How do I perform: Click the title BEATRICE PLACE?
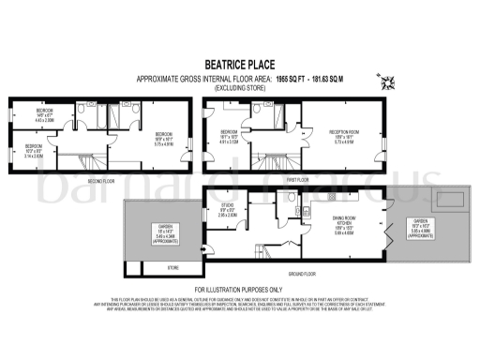(239, 64)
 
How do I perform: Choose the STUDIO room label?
(226, 207)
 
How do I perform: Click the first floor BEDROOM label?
(230, 131)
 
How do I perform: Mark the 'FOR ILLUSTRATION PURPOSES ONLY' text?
(239, 289)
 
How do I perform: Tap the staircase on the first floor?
(272, 156)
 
